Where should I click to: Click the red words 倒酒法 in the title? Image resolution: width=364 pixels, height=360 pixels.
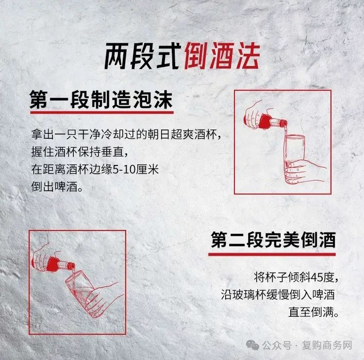pyautogui.click(x=222, y=56)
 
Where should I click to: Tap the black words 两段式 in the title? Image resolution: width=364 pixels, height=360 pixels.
pyautogui.click(x=143, y=56)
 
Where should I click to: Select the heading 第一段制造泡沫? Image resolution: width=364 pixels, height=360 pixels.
pyautogui.click(x=101, y=100)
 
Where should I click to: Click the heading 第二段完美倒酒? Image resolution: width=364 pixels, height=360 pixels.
pyautogui.click(x=273, y=240)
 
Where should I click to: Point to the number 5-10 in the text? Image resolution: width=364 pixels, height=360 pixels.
pyautogui.click(x=124, y=169)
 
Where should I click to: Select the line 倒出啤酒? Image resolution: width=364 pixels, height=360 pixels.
pyautogui.click(x=57, y=187)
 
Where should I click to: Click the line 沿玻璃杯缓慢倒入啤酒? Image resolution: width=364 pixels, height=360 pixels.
pyautogui.click(x=278, y=295)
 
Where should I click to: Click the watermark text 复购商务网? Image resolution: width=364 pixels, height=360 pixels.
pyautogui.click(x=327, y=345)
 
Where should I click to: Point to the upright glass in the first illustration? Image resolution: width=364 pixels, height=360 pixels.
pyautogui.click(x=295, y=159)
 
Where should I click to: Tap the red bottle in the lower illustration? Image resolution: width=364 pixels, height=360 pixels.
pyautogui.click(x=60, y=264)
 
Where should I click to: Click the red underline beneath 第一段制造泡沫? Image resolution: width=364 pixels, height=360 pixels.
pyautogui.click(x=102, y=113)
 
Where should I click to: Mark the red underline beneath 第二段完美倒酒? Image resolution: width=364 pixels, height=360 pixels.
pyautogui.click(x=272, y=254)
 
